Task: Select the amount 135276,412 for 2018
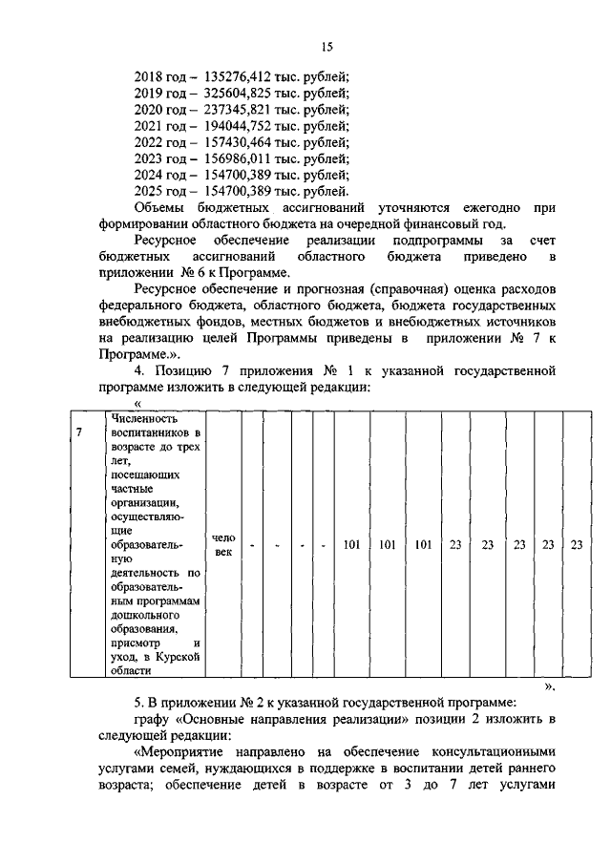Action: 241,77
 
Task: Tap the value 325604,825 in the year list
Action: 241,94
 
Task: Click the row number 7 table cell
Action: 79,433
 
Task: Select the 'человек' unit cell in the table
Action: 222,545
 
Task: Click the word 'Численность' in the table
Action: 143,417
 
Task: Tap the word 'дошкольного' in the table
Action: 145,615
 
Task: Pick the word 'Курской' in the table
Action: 179,658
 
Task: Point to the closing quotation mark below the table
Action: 549,686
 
